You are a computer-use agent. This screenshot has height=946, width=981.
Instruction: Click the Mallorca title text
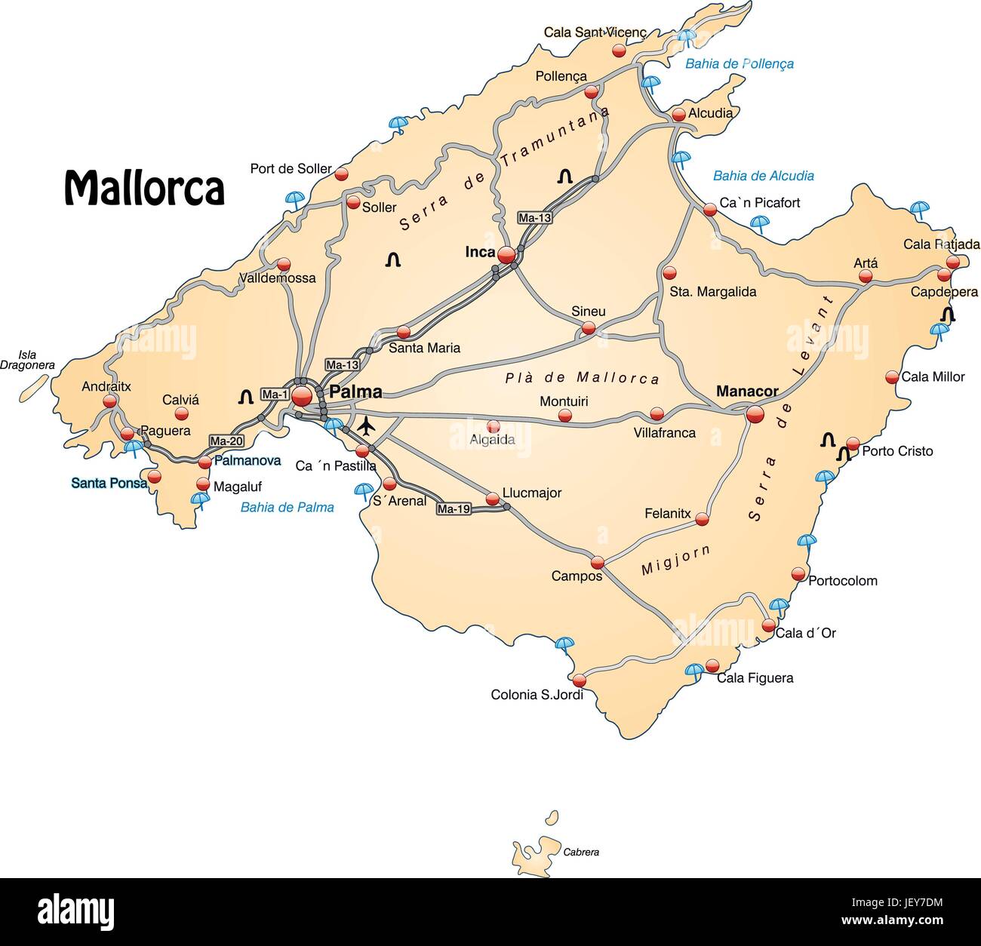[x=144, y=188]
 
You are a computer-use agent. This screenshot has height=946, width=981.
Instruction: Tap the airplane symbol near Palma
[x=366, y=426]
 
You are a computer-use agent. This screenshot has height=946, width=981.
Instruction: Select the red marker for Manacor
[x=754, y=413]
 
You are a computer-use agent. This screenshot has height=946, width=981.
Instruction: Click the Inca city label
[x=480, y=252]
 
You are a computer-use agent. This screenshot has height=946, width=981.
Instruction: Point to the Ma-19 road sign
[x=454, y=509]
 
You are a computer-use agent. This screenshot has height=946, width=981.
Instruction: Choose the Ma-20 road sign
[x=226, y=441]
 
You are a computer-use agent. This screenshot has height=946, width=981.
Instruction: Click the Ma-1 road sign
[x=275, y=394]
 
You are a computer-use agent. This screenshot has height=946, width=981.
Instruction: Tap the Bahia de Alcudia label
[x=763, y=176]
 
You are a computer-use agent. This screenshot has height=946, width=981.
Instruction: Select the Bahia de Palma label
[x=287, y=507]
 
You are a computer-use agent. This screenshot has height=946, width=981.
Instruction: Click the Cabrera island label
[x=581, y=852]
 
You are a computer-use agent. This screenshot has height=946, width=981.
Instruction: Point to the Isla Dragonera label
[x=27, y=360]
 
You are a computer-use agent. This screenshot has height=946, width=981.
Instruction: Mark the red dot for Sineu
[x=588, y=328]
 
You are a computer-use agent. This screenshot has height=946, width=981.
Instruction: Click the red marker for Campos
[x=597, y=562]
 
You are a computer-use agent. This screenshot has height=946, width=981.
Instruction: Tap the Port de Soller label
[x=291, y=169]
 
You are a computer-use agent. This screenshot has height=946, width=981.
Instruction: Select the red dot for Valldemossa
[x=284, y=265]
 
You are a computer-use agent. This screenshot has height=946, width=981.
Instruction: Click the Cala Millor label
[x=933, y=376]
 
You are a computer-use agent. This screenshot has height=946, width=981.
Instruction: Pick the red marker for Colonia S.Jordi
[x=579, y=679]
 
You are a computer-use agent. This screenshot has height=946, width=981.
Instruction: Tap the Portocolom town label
[x=842, y=581]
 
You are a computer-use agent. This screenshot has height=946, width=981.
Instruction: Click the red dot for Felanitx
[x=702, y=519]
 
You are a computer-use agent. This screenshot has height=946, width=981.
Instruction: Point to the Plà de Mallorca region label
[x=582, y=377]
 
